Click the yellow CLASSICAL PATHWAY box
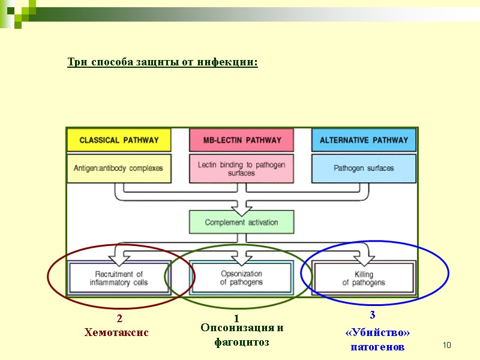click(x=119, y=140)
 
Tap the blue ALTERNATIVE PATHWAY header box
click(x=364, y=140)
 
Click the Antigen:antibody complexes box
click(x=119, y=168)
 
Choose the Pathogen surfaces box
click(x=364, y=168)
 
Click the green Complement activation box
click(x=241, y=222)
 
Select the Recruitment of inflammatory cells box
click(x=119, y=278)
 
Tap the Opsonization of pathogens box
click(x=241, y=278)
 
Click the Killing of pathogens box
click(x=364, y=278)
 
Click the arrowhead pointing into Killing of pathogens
click(x=364, y=259)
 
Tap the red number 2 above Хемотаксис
click(x=119, y=319)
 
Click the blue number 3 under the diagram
click(x=372, y=314)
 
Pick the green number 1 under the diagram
click(x=236, y=319)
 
